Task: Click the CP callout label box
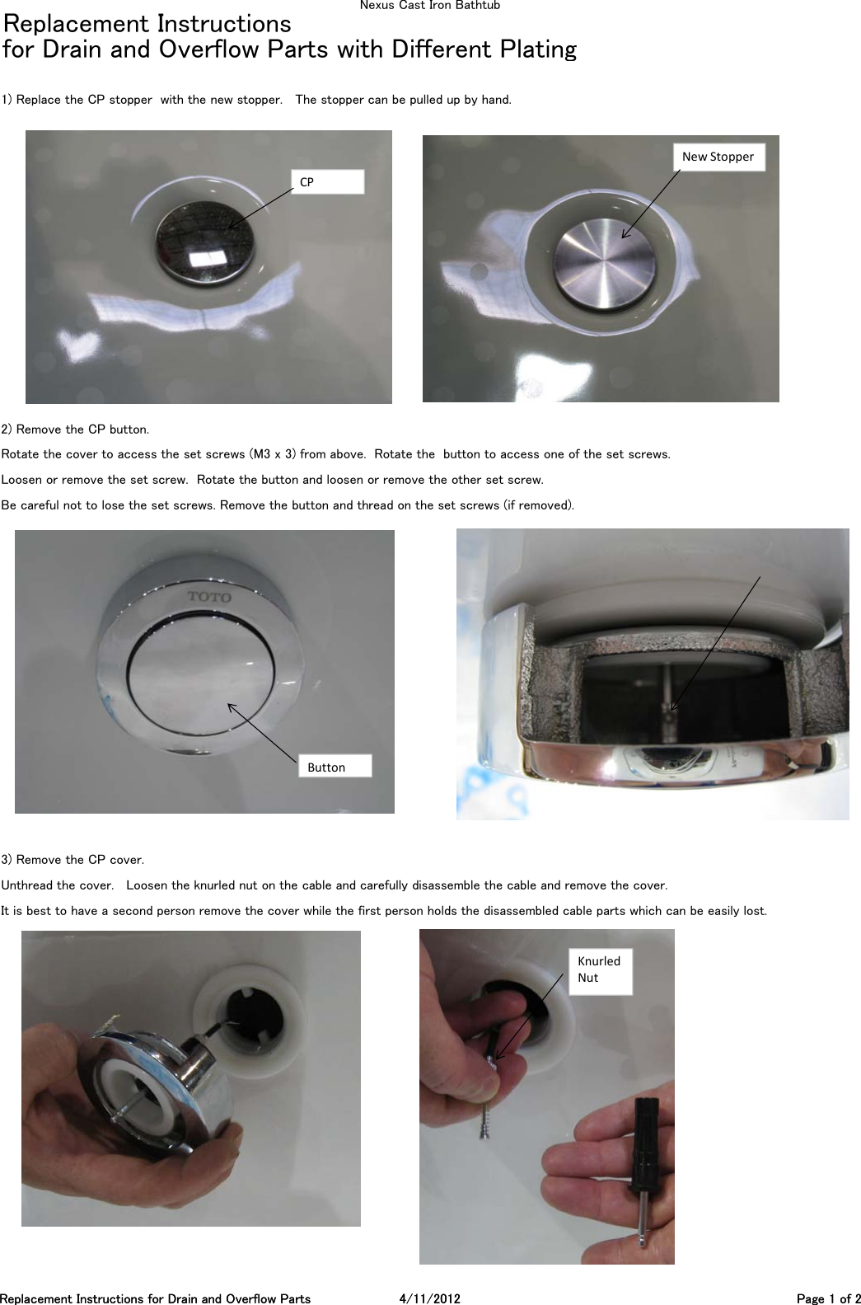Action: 327,182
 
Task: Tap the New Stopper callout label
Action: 718,157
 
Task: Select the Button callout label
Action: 334,767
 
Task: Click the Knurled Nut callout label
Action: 600,970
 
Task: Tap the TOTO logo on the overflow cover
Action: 209,596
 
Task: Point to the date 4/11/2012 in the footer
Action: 429,1298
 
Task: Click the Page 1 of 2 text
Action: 828,1298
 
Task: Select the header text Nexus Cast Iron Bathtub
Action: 429,6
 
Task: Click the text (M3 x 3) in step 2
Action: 273,454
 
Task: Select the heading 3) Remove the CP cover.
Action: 73,860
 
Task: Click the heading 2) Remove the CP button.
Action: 75,430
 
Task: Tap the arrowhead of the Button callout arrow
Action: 230,705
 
